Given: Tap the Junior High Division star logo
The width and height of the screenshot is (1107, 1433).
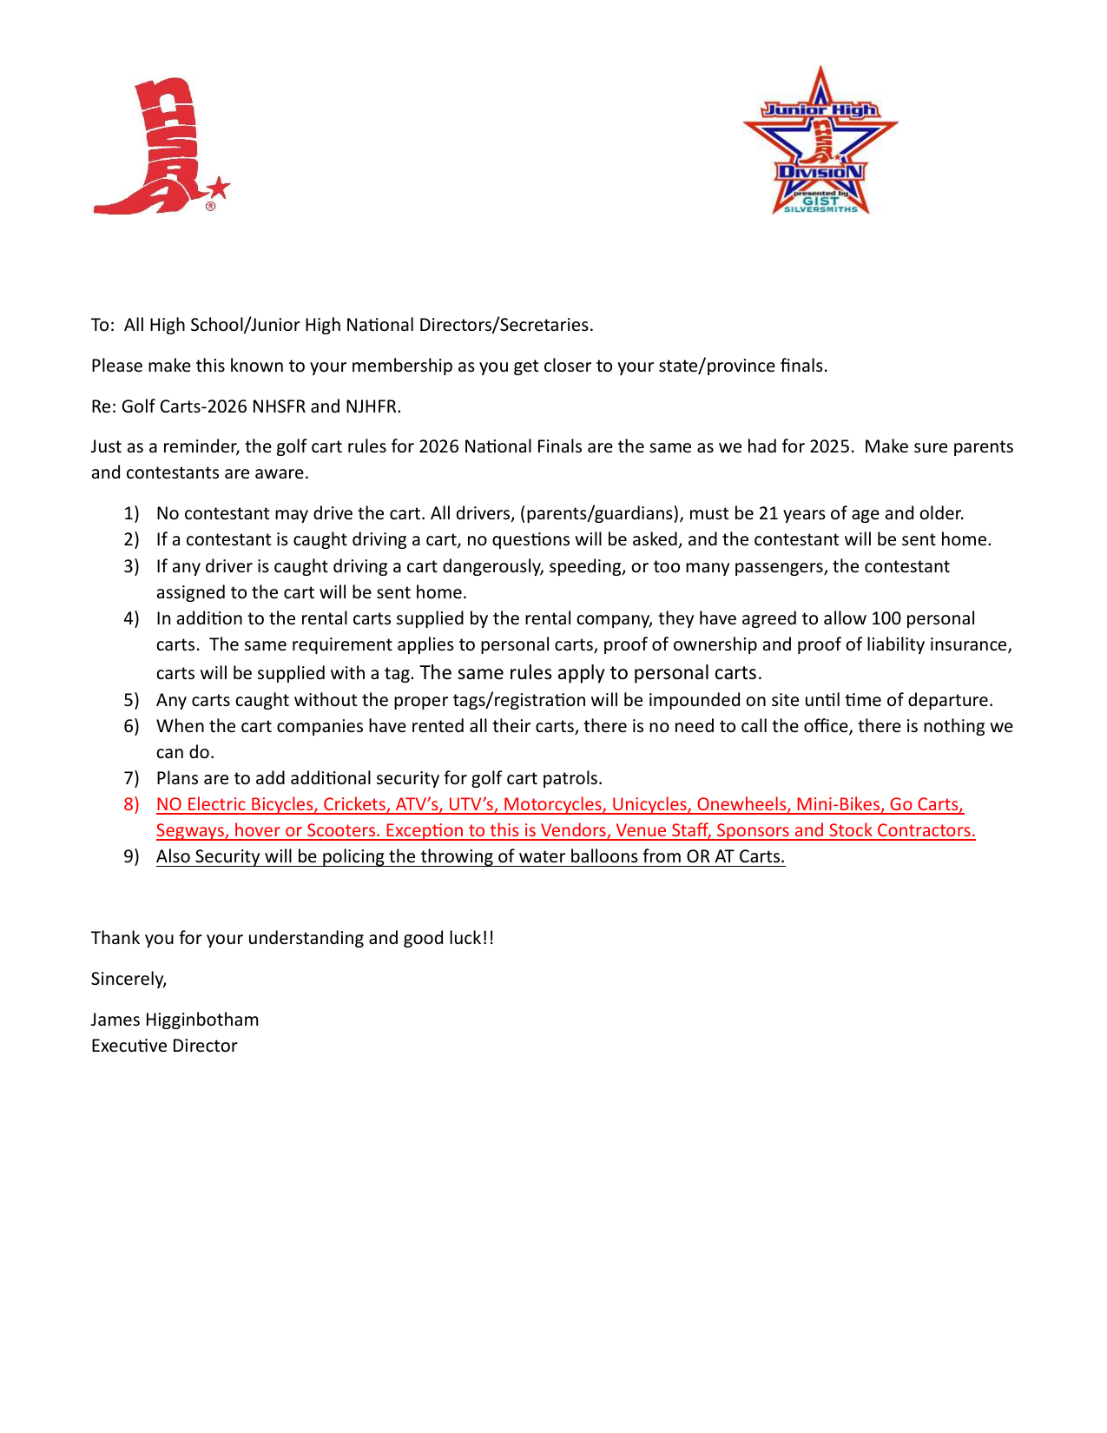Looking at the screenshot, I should click(820, 142).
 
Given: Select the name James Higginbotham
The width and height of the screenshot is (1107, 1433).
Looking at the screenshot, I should click(175, 1020).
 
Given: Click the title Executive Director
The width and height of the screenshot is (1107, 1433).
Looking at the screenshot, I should click(164, 1046).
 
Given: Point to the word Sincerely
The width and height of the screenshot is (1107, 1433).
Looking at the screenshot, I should click(128, 979).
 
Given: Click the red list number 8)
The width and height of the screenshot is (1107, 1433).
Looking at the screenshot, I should click(131, 804).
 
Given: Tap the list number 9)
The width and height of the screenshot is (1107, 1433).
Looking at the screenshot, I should click(131, 856).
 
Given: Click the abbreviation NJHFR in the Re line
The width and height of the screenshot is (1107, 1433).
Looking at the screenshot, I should click(371, 406).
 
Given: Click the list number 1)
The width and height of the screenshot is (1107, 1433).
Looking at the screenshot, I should click(131, 513).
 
